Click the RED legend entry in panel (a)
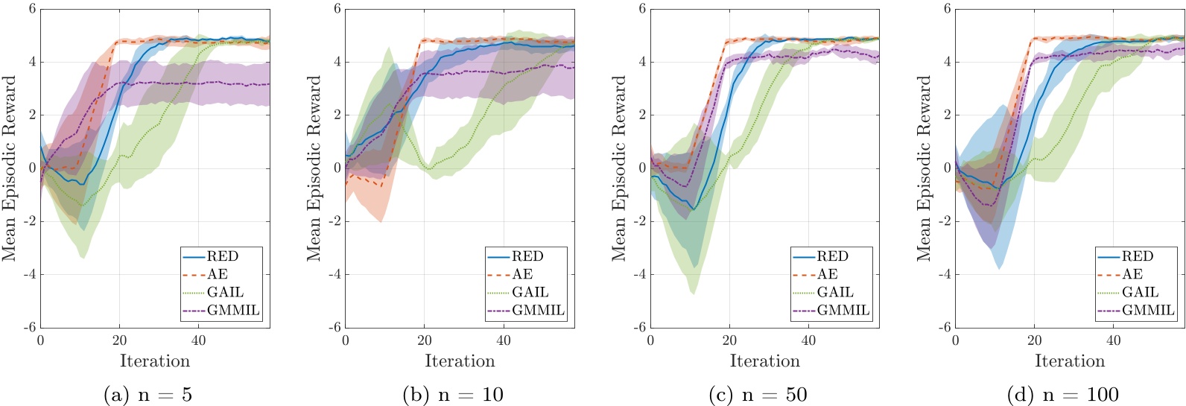pos(222,256)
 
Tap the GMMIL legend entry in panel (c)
pos(843,310)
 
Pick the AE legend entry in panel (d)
pos(1132,274)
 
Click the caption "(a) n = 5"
pos(148,394)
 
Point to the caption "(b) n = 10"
pos(453,394)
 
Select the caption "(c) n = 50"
pos(758,394)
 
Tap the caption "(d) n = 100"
pos(1062,394)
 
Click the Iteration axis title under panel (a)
pos(155,361)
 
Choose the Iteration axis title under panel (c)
pos(764,361)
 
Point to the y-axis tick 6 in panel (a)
pos(32,9)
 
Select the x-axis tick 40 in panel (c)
pos(808,340)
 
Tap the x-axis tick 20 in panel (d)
pos(1034,340)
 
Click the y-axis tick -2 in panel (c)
pos(640,221)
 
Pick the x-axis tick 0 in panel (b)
pos(346,340)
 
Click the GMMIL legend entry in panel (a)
pos(233,310)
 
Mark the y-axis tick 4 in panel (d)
pos(947,62)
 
